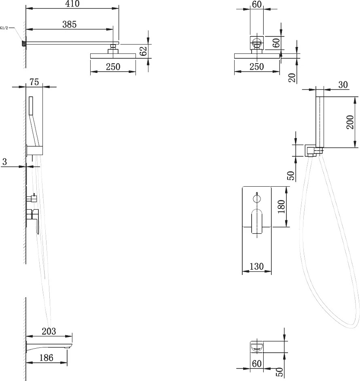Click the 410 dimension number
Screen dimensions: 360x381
[72, 4]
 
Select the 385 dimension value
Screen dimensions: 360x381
[70, 24]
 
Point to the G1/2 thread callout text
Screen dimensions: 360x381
[4, 28]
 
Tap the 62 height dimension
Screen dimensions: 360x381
[144, 51]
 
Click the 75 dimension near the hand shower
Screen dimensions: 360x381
[34, 82]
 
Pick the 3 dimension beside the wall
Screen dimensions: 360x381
[4, 162]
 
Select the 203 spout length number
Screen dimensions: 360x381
[49, 331]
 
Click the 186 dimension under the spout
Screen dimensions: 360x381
[46, 358]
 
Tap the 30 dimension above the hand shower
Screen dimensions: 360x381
[343, 85]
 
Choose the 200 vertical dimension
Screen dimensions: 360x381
[350, 122]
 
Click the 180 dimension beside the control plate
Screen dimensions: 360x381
[281, 206]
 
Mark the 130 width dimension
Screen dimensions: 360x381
[256, 266]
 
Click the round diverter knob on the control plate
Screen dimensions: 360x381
[257, 199]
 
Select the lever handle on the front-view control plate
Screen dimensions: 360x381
[257, 221]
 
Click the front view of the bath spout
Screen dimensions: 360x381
[257, 347]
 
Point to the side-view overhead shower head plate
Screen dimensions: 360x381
[113, 56]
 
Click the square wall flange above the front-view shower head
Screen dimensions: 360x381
[257, 43]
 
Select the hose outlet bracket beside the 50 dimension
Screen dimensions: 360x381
[311, 151]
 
